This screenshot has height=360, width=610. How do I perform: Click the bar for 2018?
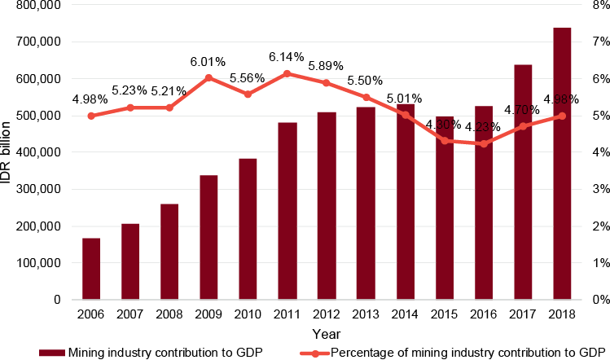(x=562, y=163)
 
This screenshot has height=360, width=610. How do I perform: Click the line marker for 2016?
(x=484, y=143)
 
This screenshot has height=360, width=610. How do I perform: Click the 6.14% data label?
(x=287, y=57)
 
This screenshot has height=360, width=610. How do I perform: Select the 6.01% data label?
(x=208, y=62)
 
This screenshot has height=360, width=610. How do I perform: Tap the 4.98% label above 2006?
(x=90, y=99)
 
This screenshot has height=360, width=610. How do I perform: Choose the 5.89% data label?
(x=327, y=66)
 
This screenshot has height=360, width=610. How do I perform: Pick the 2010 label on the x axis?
(x=248, y=314)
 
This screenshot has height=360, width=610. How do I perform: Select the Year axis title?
(x=327, y=334)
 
